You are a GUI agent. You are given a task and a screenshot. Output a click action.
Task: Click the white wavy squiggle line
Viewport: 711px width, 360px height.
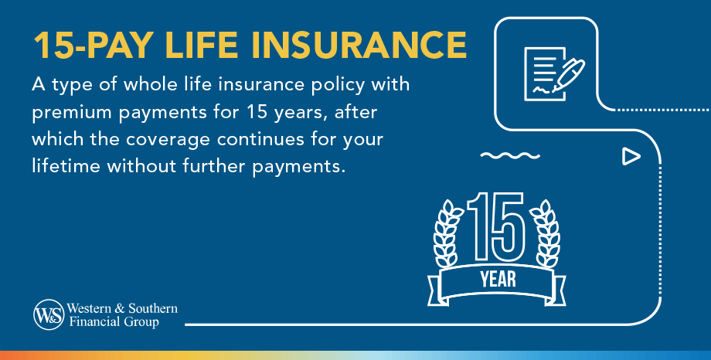click(x=510, y=157)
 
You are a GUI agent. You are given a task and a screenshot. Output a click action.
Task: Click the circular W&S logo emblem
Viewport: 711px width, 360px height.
click(x=48, y=314)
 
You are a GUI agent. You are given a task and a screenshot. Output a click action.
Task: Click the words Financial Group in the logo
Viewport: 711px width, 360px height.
click(x=114, y=322)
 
